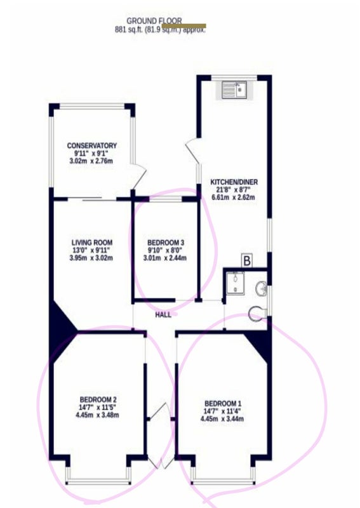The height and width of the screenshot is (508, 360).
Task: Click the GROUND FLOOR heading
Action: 154,21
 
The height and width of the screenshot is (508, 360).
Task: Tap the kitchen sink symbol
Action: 234,90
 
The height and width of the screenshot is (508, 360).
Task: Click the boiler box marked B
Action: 246,261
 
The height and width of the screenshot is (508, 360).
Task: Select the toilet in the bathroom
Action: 257,313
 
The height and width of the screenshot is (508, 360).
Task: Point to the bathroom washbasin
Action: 261,288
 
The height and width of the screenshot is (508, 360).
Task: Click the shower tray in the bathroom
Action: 236,283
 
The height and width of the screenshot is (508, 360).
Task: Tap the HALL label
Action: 163,315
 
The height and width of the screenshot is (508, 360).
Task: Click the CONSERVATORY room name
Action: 91,146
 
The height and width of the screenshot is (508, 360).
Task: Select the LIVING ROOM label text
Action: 91,243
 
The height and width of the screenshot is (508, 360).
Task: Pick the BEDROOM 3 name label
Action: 166,243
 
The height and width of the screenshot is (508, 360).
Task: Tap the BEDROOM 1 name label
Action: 223,404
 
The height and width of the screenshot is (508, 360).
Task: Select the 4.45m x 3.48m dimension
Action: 97,415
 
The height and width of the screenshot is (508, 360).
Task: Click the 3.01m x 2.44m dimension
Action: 165,258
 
